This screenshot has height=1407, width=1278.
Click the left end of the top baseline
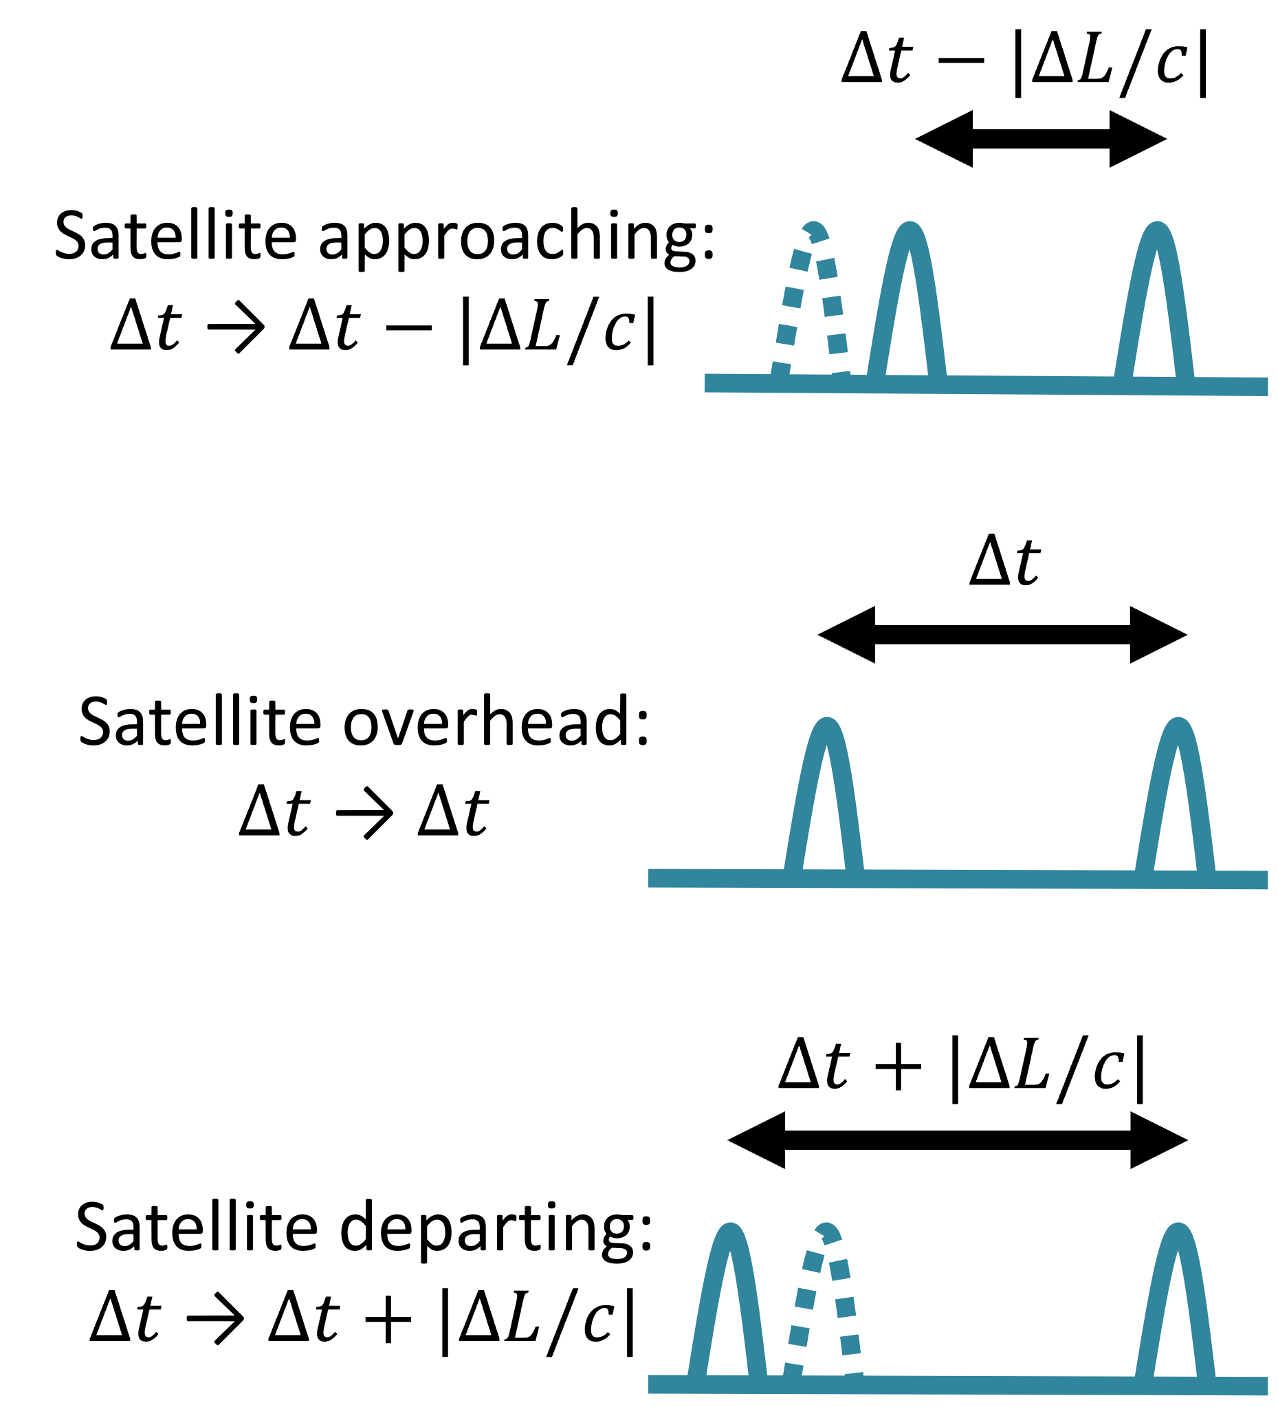709,382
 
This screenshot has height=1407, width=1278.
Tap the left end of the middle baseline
652,878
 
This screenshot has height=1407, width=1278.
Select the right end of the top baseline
1264,386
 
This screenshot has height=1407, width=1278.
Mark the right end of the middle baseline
1264,880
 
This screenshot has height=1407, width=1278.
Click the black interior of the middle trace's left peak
824,824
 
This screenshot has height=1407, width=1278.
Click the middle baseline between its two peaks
998,879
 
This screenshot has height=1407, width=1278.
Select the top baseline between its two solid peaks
1033,384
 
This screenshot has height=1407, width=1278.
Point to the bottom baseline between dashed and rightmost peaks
998,1385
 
